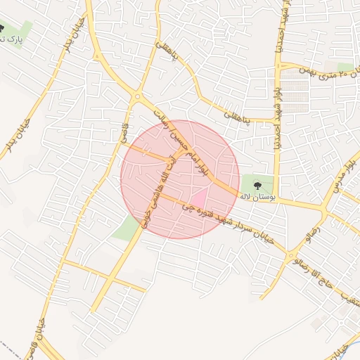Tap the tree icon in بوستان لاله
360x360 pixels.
coord(257,184)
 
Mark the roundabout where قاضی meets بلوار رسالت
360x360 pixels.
coord(138,96)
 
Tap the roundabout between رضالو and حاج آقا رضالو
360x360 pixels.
coord(292,255)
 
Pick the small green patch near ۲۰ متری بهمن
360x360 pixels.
coord(345,67)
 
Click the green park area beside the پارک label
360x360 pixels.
coord(25,30)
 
